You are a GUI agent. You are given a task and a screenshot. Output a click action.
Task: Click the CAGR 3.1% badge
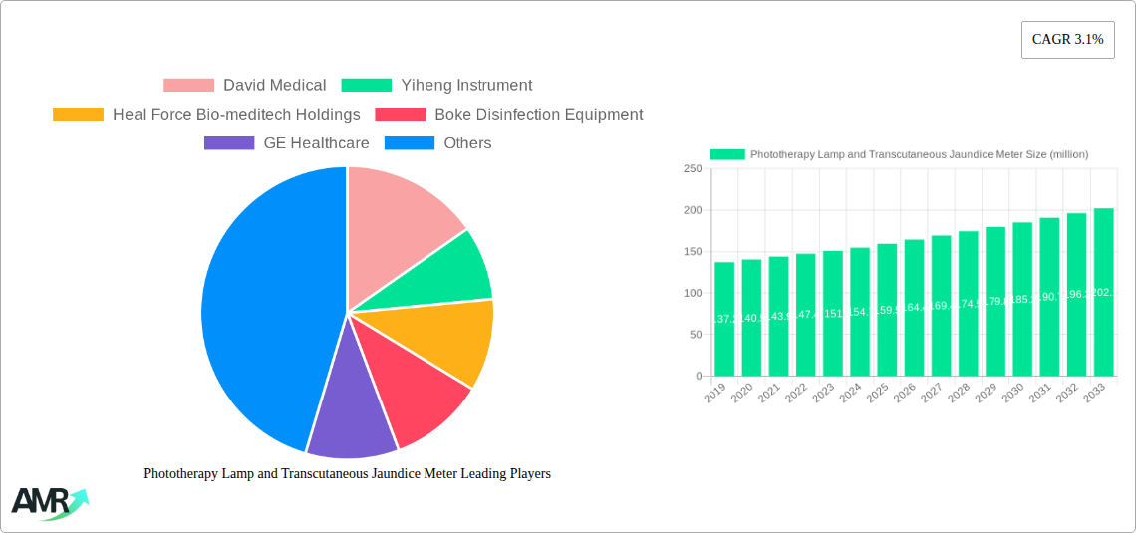pos(1067,40)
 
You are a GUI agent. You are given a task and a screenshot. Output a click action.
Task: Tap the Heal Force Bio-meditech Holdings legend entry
pos(206,115)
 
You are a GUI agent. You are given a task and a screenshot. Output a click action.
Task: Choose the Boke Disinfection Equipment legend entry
pos(509,115)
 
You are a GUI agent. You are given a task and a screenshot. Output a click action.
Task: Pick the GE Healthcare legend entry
pos(287,143)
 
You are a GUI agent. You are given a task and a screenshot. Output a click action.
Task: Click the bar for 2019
pos(724,319)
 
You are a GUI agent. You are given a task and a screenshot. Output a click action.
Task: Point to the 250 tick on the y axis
pos(692,169)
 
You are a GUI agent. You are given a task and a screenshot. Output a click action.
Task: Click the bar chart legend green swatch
pos(726,154)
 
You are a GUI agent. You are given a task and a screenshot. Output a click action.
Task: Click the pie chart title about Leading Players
pos(347,474)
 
